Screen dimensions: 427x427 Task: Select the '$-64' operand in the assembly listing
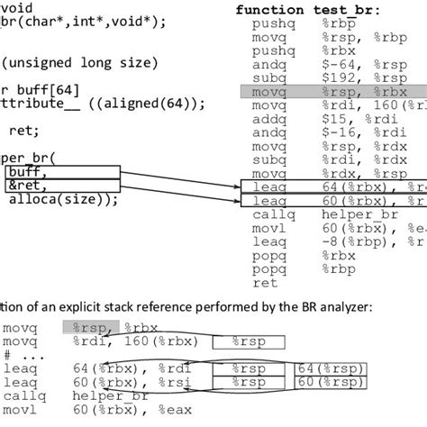(315, 63)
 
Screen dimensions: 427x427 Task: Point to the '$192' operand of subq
(315, 77)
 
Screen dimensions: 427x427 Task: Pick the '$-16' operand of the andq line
(315, 132)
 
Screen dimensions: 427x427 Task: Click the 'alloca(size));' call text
(63, 199)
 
